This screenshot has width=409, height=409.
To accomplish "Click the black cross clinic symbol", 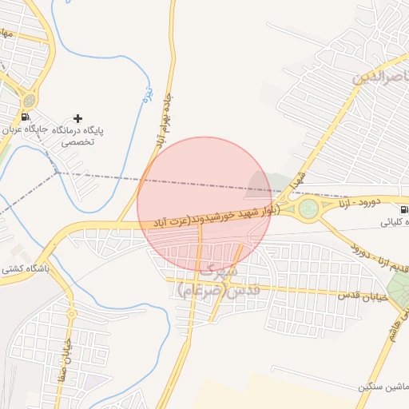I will [x=77, y=118].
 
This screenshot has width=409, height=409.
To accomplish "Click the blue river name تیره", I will [x=146, y=93].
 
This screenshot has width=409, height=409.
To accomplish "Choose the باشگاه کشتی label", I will [x=25, y=269].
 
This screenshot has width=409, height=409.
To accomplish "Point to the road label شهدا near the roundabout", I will [x=300, y=181].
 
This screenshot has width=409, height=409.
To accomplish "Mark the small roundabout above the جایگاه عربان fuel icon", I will [x=30, y=101].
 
